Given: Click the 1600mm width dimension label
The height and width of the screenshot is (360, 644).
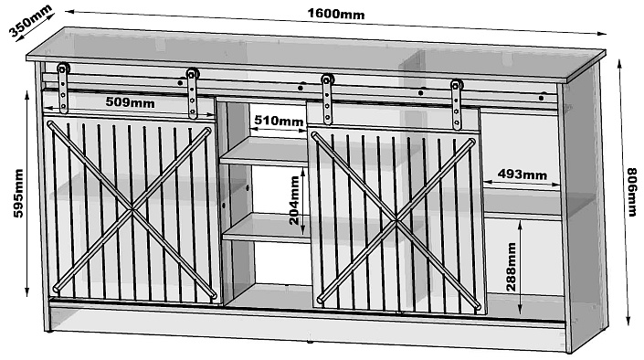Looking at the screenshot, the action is (x=336, y=14).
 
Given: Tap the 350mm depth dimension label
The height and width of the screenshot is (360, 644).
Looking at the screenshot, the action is (x=30, y=20).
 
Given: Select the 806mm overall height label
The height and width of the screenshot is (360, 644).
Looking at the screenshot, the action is (x=632, y=192).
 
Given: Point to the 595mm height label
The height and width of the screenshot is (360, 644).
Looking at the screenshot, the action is (x=18, y=193).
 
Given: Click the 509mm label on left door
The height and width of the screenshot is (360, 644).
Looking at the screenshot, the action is (x=131, y=102).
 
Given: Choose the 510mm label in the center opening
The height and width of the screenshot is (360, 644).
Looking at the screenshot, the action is (x=279, y=121).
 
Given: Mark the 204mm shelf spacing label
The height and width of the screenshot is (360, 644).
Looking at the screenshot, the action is (x=294, y=200).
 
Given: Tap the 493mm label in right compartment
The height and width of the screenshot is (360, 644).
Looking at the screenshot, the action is (x=522, y=175).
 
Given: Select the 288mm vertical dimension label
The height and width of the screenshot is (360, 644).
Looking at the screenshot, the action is (x=511, y=267).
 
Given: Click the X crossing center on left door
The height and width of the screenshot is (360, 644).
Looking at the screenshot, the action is (x=132, y=210).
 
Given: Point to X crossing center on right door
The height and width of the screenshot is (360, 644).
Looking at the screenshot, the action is (x=396, y=221).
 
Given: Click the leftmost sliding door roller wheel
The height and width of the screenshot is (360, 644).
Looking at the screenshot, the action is (x=63, y=68).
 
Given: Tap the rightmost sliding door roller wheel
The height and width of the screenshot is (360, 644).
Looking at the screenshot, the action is (x=457, y=86).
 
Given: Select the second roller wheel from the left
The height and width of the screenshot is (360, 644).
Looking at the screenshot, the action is (x=192, y=74).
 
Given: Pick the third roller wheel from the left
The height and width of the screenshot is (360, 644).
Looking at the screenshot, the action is (x=327, y=79).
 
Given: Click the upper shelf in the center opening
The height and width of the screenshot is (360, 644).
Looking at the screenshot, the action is (x=264, y=152).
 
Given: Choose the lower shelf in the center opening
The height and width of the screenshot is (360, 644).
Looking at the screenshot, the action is (x=267, y=228).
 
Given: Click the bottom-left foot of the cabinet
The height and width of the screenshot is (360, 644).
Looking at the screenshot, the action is (x=48, y=329).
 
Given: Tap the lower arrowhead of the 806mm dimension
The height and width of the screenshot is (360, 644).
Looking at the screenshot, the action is (x=628, y=321).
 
